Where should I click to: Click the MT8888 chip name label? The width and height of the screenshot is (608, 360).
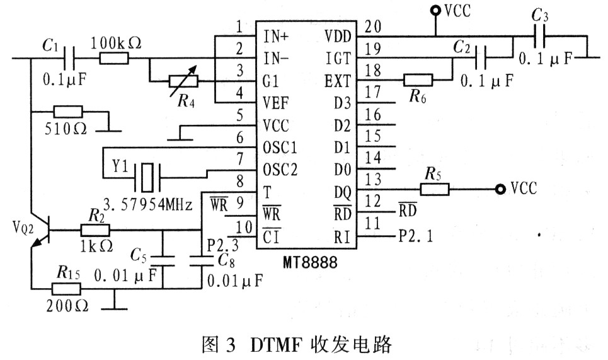[x=310, y=262]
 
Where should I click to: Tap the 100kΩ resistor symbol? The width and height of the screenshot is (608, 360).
[x=113, y=59]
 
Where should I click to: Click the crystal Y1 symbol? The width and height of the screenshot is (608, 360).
[x=147, y=178]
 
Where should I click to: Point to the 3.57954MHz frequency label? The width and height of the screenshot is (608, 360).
[x=148, y=204]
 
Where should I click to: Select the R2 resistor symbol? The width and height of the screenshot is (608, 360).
[x=95, y=230]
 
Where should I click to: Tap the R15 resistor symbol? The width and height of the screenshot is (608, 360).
[x=66, y=289]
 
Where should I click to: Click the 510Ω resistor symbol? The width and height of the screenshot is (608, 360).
[x=68, y=112]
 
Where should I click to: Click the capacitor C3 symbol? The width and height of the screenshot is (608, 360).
[x=539, y=36]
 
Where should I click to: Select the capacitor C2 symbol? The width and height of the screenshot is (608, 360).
[x=481, y=58]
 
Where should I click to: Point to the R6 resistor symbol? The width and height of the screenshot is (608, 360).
[x=418, y=80]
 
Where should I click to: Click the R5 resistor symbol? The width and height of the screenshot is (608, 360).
[x=435, y=189]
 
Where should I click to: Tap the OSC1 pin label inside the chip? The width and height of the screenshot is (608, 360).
[x=280, y=148]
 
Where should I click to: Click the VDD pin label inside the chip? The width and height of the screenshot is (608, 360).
[x=338, y=37]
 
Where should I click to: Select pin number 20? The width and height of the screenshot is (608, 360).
[x=373, y=26]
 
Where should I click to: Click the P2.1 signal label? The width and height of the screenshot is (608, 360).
[x=416, y=236]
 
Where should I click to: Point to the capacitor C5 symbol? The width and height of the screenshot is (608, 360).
[x=163, y=260]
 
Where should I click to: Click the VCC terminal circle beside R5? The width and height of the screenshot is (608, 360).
[x=501, y=189]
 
